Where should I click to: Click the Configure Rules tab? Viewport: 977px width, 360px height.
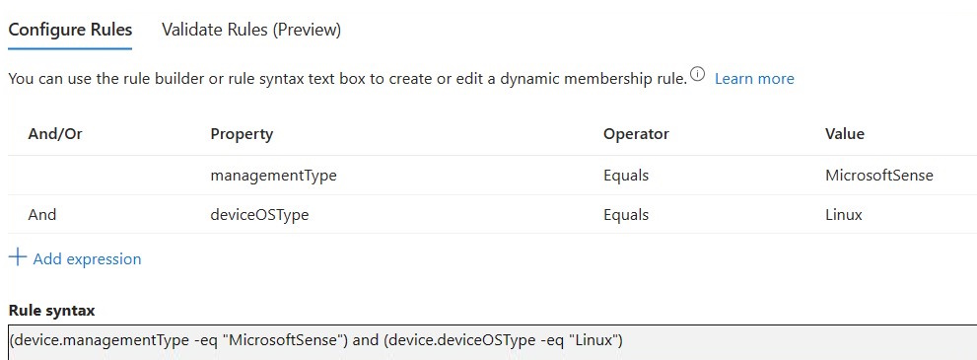70,30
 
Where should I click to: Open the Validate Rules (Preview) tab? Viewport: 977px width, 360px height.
251,30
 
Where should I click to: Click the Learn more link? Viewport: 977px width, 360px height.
754,79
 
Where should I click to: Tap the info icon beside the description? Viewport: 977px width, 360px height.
697,76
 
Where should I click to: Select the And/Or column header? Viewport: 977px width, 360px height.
55,134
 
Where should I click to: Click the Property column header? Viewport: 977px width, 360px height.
242,134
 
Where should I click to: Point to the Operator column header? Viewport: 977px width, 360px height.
636,134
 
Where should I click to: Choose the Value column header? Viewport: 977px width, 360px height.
844,134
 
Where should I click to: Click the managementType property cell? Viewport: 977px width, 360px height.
273,176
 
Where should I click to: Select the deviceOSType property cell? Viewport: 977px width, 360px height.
259,215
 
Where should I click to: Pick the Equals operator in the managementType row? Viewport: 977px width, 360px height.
626,176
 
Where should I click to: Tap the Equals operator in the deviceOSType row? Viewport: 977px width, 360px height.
626,215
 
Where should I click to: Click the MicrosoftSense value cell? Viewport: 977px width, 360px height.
879,176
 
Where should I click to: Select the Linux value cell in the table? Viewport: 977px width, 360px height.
844,215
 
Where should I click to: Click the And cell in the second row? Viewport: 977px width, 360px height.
41,215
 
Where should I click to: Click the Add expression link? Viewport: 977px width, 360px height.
87,258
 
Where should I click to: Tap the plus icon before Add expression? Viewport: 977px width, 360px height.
18,256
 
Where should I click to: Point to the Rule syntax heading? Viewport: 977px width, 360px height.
51,310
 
